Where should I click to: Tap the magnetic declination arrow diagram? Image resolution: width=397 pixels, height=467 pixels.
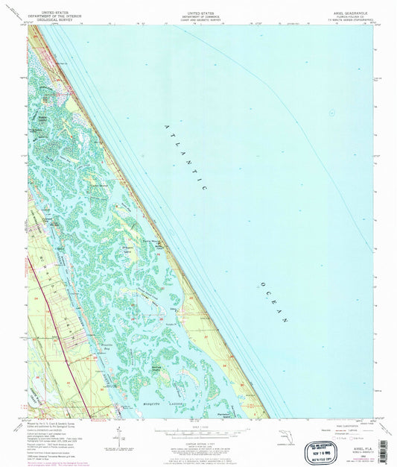click(x=119, y=435)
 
